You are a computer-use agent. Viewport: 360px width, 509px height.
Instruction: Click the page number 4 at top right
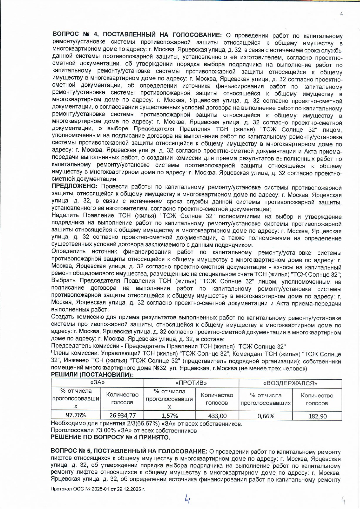(x=341, y=14)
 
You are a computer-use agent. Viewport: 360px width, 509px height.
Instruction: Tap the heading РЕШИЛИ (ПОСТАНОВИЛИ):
(x=92, y=375)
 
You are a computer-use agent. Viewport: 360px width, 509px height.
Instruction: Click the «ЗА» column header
(x=97, y=383)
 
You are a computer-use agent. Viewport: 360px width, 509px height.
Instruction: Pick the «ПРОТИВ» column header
(x=191, y=383)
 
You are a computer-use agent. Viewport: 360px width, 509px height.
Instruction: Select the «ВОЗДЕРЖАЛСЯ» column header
(x=290, y=383)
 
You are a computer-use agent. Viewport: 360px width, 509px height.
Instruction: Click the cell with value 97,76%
(x=76, y=415)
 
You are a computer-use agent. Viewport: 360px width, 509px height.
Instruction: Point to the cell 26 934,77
(x=122, y=415)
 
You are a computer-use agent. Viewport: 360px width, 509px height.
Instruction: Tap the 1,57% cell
(x=170, y=416)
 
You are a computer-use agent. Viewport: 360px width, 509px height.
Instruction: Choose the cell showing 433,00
(x=217, y=416)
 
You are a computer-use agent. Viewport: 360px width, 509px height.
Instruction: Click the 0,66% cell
(x=266, y=416)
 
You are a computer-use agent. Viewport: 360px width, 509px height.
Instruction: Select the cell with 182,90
(x=317, y=416)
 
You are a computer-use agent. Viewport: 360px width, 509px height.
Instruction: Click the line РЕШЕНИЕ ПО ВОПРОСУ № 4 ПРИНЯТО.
(x=110, y=437)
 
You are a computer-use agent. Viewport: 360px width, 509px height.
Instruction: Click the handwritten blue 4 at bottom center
(x=188, y=499)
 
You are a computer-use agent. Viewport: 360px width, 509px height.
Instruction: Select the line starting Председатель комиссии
(x=168, y=346)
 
